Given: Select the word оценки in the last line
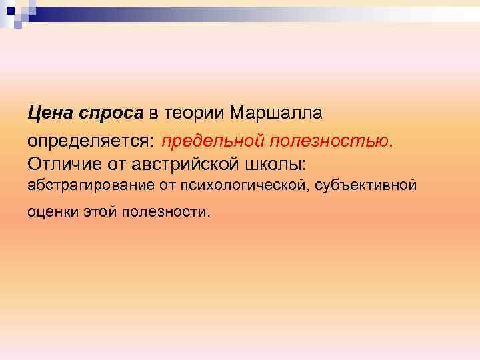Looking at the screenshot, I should click(51, 212).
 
